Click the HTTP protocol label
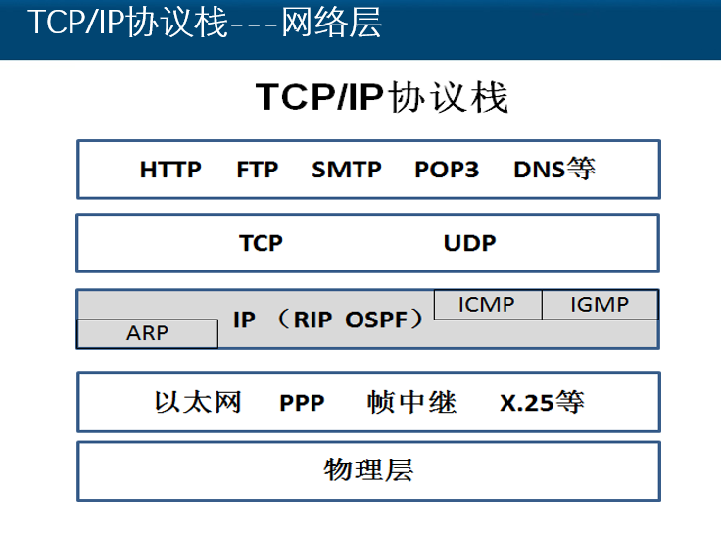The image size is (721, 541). click(170, 170)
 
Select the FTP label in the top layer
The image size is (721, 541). click(258, 170)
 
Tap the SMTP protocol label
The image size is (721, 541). click(347, 170)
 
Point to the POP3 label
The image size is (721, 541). click(447, 170)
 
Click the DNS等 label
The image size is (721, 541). click(553, 170)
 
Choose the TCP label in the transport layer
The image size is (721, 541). click(261, 243)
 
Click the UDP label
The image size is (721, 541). click(470, 243)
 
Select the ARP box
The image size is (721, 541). click(147, 333)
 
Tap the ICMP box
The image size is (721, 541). click(486, 304)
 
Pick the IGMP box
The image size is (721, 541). click(599, 304)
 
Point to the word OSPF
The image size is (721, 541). click(374, 320)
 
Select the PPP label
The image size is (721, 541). click(302, 403)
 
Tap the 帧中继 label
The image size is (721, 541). click(412, 402)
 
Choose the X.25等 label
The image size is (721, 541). click(541, 402)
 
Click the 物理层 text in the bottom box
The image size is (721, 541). click(368, 469)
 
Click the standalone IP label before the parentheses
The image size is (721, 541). click(244, 320)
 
